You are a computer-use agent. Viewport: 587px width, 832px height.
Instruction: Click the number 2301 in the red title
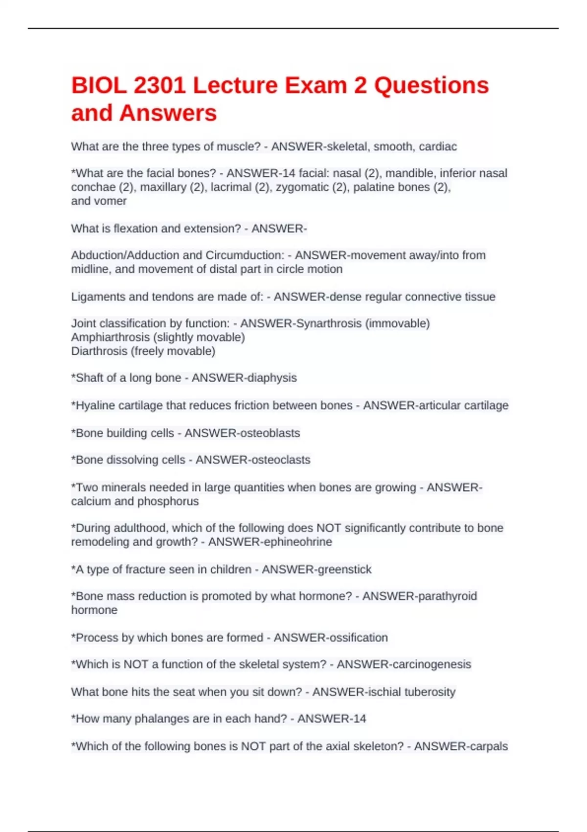[x=159, y=86]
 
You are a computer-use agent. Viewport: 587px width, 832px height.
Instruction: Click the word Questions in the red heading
[x=431, y=86]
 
